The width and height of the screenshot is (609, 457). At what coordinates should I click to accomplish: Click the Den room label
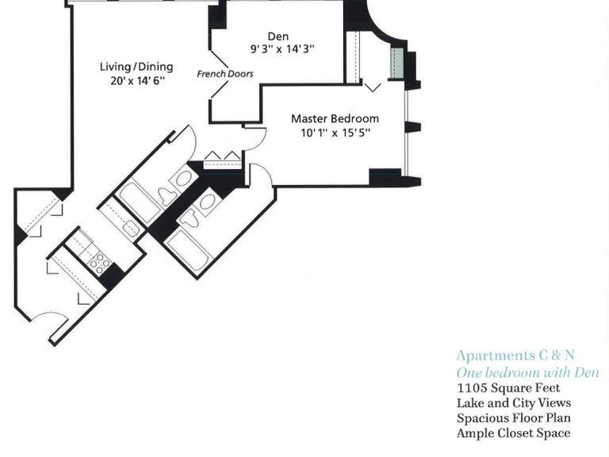[278, 36]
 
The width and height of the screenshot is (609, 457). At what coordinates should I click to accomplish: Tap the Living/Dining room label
[136, 67]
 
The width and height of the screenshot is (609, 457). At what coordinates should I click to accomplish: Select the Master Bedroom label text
[335, 118]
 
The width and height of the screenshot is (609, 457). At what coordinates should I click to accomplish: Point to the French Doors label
[225, 74]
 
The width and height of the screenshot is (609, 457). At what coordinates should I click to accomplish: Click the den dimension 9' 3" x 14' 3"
[282, 49]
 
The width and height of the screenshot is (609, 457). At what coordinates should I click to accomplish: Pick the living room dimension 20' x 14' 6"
[137, 81]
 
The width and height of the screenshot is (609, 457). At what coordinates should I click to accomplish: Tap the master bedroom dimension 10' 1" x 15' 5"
[335, 133]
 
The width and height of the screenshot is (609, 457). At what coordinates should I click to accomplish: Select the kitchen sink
[131, 228]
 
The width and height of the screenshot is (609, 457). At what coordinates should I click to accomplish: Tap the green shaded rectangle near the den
[397, 63]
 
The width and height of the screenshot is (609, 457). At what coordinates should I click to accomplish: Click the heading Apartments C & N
[515, 355]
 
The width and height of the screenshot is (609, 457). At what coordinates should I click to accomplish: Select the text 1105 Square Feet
[508, 388]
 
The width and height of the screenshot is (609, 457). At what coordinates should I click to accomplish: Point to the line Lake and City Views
[514, 403]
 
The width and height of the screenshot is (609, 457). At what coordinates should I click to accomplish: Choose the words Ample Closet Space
[514, 433]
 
